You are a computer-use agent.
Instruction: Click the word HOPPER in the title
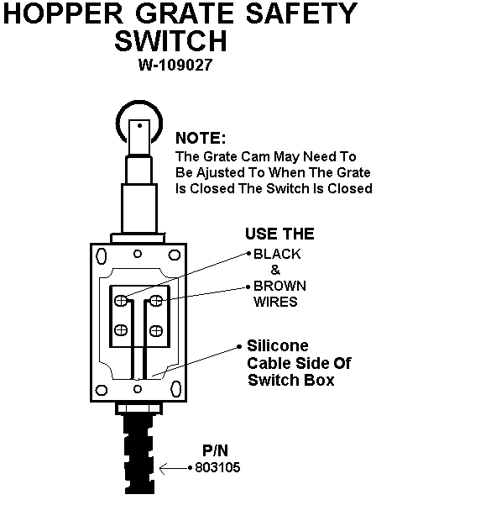(63, 13)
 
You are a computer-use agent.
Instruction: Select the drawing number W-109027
(175, 65)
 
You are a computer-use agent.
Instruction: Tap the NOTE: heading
(201, 138)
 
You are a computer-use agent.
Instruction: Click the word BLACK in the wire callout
(277, 254)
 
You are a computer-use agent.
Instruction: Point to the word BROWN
(279, 286)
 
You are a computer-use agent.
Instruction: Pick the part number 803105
(217, 467)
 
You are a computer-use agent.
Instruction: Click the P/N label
(216, 451)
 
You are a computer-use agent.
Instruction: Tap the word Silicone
(278, 346)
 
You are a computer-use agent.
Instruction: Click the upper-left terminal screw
(121, 301)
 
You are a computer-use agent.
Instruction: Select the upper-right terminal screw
(156, 301)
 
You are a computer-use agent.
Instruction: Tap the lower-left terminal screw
(121, 330)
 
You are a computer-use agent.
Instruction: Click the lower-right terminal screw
(156, 331)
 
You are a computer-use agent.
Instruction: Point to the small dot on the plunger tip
(140, 125)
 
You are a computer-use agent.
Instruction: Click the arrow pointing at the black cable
(174, 469)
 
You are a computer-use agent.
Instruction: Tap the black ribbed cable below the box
(139, 454)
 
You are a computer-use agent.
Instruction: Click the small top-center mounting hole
(138, 254)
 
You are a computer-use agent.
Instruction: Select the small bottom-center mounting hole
(138, 389)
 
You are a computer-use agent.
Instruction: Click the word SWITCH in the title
(170, 40)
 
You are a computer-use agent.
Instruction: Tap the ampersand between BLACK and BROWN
(275, 270)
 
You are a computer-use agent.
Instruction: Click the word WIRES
(275, 302)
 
